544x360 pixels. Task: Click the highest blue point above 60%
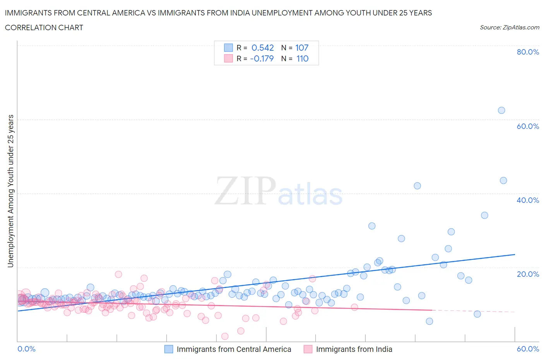pos(501,110)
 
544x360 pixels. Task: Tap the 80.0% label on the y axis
pos(528,52)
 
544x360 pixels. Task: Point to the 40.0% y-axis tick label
pos(528,200)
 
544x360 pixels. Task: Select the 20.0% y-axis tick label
pos(528,274)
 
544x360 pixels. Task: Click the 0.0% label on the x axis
pos(27,349)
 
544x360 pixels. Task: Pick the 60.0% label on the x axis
pos(528,349)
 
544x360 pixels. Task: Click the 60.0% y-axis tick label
pos(528,126)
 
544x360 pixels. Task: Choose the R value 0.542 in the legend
pos(262,48)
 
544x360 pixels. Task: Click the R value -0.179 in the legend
pos(262,58)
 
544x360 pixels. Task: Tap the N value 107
pos(302,48)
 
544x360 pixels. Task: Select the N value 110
pos(302,58)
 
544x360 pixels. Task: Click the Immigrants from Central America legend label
pos(234,349)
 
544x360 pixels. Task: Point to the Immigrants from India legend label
pos(354,349)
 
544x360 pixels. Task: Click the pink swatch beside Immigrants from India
pos(308,349)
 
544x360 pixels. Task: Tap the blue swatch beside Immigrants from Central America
pos(169,349)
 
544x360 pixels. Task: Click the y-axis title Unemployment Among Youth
pos(11,191)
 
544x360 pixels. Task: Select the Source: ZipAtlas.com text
pos(509,27)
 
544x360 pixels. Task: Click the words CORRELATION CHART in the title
pos(44,27)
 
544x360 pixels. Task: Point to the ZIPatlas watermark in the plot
pos(279,191)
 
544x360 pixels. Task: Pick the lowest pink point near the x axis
pos(225,336)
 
